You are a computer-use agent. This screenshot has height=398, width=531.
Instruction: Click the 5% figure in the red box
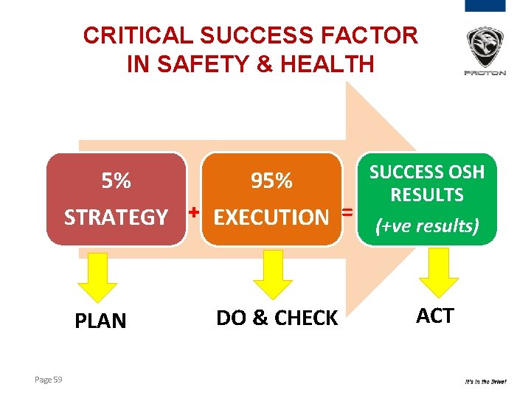point(117,181)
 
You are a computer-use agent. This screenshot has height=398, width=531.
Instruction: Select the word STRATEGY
point(117,217)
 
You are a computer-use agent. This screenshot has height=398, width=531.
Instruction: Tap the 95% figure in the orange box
point(271,181)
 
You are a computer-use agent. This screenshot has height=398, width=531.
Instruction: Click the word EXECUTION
point(271,217)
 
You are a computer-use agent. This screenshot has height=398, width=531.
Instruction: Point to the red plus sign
point(194,212)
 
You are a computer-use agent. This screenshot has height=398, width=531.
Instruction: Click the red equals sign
point(346,212)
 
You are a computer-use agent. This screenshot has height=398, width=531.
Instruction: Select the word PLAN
point(101,321)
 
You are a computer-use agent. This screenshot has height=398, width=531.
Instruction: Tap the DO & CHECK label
point(277,318)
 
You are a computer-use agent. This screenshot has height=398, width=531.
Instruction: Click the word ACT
point(435,316)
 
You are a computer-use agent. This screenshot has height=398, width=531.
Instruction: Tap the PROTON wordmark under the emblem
point(485,73)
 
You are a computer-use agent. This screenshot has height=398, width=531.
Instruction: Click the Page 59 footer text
point(49,380)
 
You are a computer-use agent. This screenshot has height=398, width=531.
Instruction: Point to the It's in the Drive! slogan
point(485,382)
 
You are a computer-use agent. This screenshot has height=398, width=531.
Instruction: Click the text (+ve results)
point(427,226)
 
